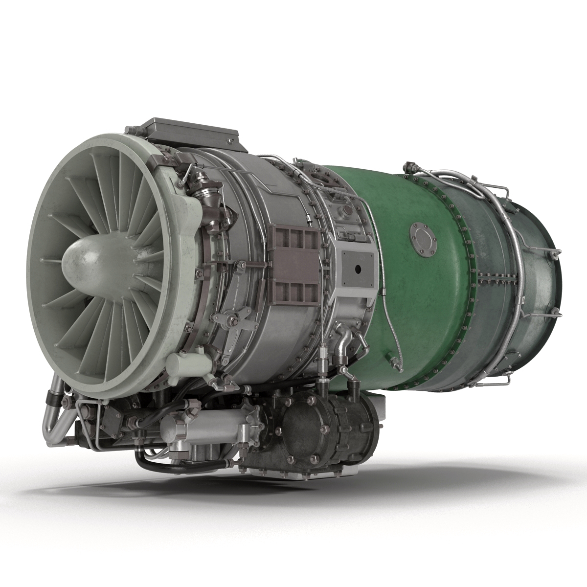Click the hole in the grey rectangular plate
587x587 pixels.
tap(358, 269)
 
